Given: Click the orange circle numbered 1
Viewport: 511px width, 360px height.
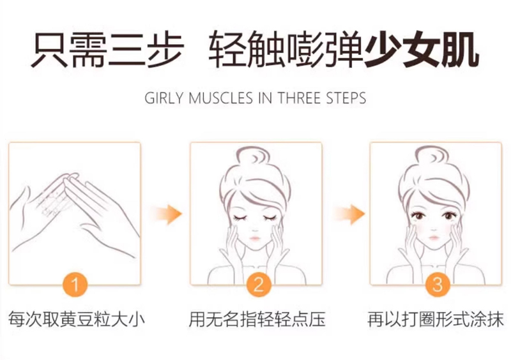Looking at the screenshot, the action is coord(75,285).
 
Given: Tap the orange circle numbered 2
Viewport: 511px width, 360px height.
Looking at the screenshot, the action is coord(259,285).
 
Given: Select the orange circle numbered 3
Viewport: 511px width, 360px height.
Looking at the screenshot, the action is coord(438,285).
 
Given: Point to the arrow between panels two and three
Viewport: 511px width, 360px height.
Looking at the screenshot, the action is coord(348,214).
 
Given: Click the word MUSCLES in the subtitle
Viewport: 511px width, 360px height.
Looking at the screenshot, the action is coord(220,98).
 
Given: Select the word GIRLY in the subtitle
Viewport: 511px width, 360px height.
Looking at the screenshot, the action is coord(164,98).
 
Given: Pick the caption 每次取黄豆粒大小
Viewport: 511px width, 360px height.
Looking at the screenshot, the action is coord(77,319).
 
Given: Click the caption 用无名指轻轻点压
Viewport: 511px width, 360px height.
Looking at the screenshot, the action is coord(257,319).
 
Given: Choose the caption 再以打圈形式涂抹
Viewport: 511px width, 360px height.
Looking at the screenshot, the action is coord(436,319).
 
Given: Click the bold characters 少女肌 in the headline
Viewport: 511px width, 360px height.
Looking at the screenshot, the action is coord(422,50).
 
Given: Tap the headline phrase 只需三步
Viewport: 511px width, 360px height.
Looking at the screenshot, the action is coord(107,50).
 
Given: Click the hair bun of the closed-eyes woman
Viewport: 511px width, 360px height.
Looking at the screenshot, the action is coord(254,159).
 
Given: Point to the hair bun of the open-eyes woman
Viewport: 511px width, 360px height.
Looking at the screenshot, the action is coord(433,159).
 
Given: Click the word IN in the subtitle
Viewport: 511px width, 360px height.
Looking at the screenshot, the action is coord(265,98).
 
